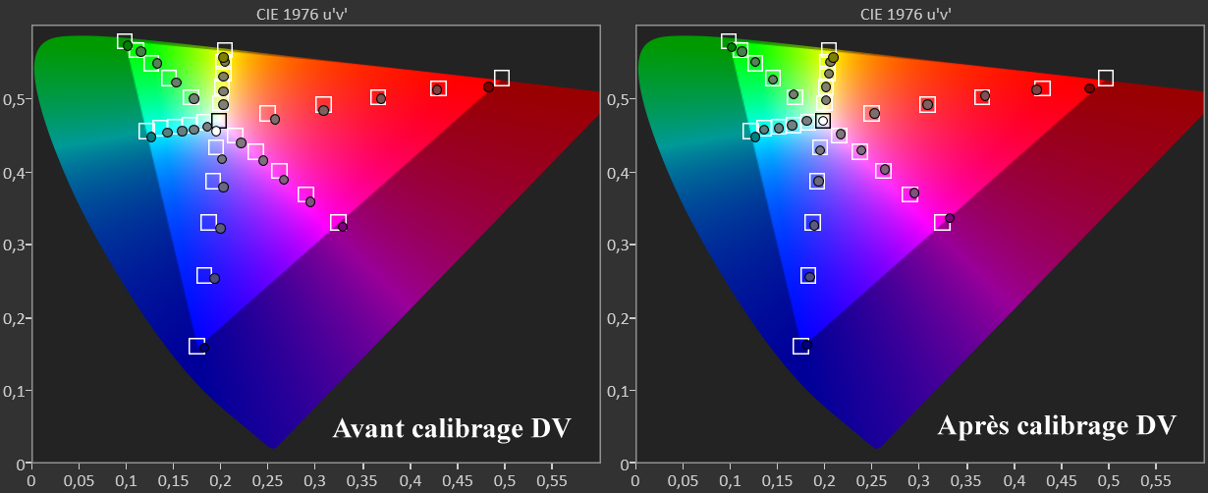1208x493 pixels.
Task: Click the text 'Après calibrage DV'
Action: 1057,426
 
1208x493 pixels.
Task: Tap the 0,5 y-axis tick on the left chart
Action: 14,99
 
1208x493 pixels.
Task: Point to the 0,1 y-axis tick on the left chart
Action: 14,391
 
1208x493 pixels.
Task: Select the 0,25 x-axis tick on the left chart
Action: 268,482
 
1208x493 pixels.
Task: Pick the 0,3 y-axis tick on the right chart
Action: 618,246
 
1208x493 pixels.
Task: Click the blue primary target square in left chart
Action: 196,346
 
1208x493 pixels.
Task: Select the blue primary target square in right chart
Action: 800,346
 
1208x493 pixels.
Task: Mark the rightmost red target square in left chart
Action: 502,78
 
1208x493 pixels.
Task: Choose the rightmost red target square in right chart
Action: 1106,78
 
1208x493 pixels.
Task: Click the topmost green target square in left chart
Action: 125,41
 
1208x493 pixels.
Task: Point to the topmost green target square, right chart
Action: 729,41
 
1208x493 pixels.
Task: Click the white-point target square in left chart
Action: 219,121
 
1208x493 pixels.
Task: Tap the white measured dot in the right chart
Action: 824,121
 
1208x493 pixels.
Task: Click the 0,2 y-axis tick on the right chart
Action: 618,318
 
